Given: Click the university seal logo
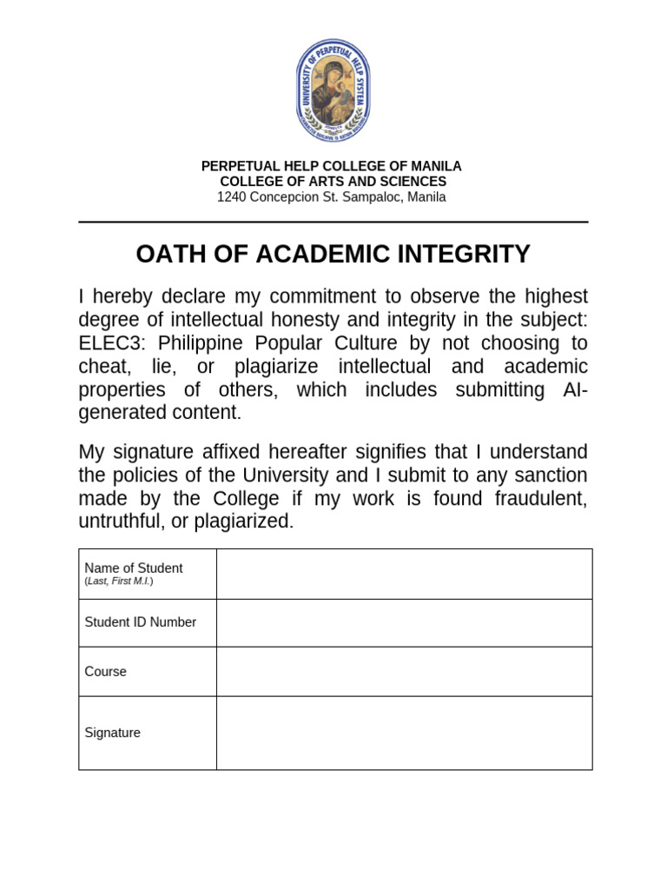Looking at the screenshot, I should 333,91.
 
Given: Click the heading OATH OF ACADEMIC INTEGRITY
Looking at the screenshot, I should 333,254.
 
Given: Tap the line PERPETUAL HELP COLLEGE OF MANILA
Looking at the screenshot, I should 332,166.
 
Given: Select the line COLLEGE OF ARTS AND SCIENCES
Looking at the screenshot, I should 333,182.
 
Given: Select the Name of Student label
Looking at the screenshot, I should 134,568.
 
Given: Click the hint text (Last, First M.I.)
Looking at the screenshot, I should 119,581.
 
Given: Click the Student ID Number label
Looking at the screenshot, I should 141,622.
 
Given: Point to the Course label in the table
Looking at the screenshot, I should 106,672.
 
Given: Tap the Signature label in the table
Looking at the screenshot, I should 113,733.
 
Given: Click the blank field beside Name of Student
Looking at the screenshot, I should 404,574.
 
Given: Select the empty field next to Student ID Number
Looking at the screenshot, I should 404,622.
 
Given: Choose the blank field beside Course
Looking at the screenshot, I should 404,672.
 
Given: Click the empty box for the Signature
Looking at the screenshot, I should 404,733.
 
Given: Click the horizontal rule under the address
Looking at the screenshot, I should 333,222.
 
